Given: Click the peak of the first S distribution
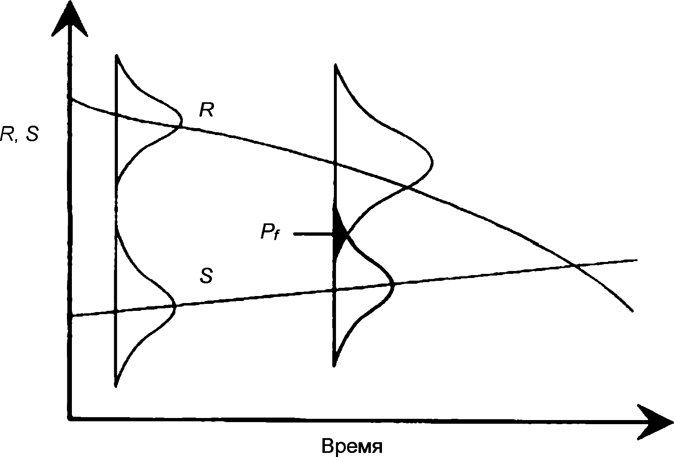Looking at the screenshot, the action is click(x=175, y=306).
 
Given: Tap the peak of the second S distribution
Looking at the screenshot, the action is click(x=393, y=283).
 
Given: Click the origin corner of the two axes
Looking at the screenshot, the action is click(x=71, y=418).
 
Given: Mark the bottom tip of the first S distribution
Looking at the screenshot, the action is click(x=116, y=385).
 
